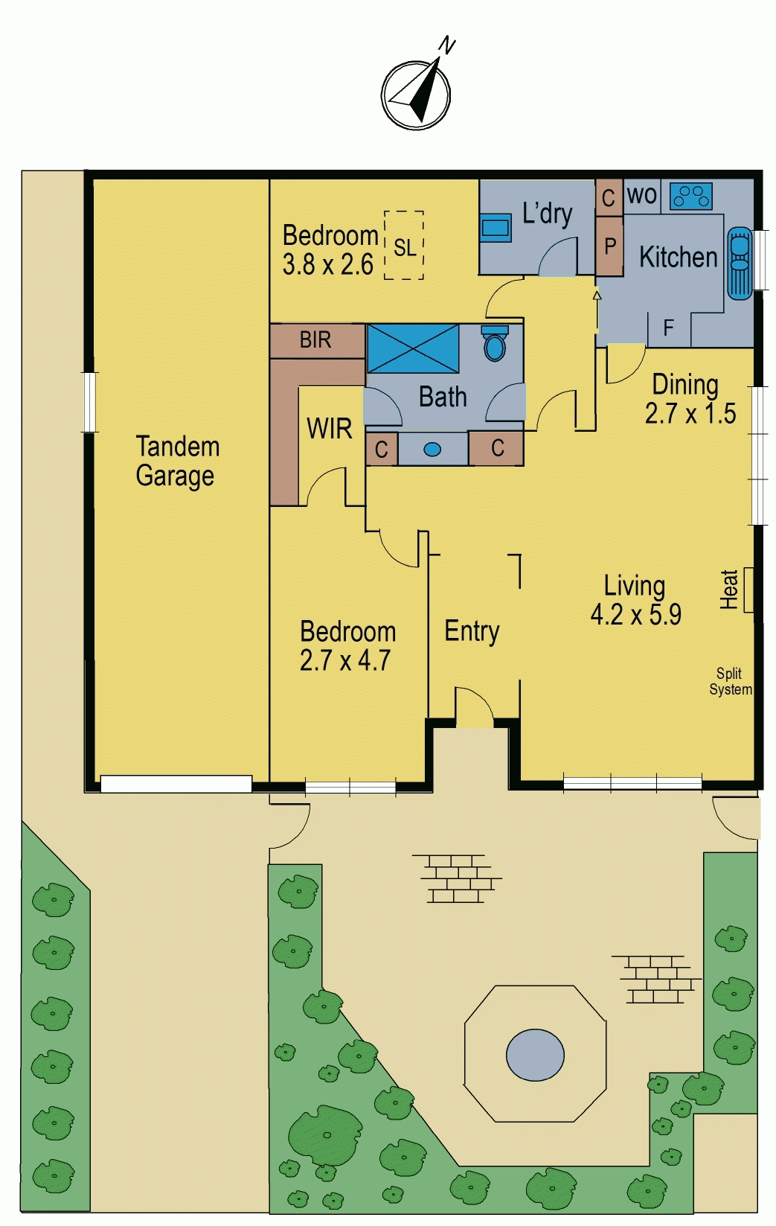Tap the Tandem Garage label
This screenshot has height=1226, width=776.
tap(177, 461)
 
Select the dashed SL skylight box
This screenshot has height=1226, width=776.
tap(404, 245)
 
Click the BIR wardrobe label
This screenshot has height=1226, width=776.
tap(315, 340)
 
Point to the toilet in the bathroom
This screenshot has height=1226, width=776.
tap(494, 343)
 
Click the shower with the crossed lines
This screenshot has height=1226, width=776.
tap(414, 348)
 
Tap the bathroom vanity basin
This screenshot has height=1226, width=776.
tap(432, 450)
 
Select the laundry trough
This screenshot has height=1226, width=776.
tap(496, 227)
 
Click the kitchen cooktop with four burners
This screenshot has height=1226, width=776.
tap(691, 197)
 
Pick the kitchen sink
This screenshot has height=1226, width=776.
tap(739, 264)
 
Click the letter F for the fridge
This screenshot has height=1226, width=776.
tap(667, 328)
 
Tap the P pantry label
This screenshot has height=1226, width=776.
tap(610, 246)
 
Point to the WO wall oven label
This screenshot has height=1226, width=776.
tap(642, 195)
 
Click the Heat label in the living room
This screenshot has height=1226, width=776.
tap(729, 590)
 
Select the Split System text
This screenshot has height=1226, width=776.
tap(731, 681)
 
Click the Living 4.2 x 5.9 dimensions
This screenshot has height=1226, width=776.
tap(635, 600)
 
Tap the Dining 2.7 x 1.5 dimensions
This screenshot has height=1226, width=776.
tap(690, 399)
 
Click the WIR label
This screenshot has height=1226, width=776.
tap(329, 429)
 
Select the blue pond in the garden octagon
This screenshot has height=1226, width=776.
tap(535, 1056)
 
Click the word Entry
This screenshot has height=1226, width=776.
tap(472, 631)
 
